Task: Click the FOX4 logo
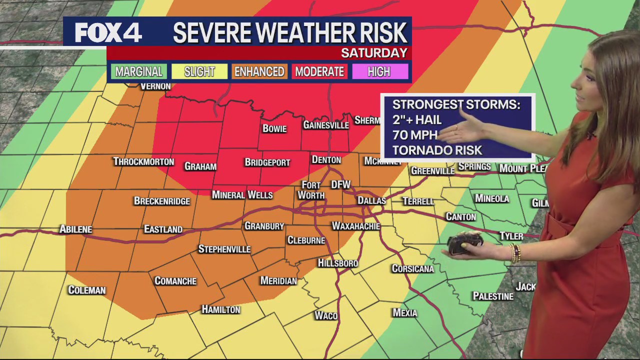pyautogui.click(x=108, y=32)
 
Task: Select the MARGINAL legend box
pyautogui.click(x=138, y=71)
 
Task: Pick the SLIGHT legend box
pyautogui.click(x=199, y=71)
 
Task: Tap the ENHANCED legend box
pyautogui.click(x=259, y=71)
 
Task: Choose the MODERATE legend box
pyautogui.click(x=319, y=71)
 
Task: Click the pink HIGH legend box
pyautogui.click(x=379, y=71)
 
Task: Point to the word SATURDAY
pyautogui.click(x=374, y=53)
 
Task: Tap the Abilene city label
pyautogui.click(x=76, y=229)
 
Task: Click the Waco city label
pyautogui.click(x=326, y=315)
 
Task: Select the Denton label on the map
pyautogui.click(x=326, y=160)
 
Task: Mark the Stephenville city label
pyautogui.click(x=224, y=249)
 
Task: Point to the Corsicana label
pyautogui.click(x=412, y=268)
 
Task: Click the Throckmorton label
pyautogui.click(x=143, y=161)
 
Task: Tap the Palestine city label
pyautogui.click(x=493, y=296)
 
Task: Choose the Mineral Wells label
pyautogui.click(x=242, y=194)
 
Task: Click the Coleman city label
pyautogui.click(x=87, y=290)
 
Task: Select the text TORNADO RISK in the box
pyautogui.click(x=437, y=150)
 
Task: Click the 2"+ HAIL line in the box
pyautogui.click(x=417, y=120)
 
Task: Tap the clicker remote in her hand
pyautogui.click(x=464, y=243)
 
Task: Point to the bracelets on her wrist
pyautogui.click(x=515, y=253)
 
